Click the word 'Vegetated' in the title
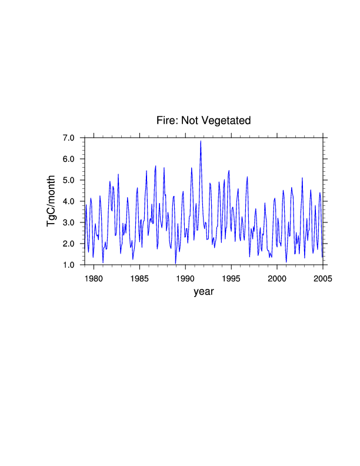click(226, 121)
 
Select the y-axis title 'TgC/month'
click(52, 201)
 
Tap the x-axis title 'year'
click(204, 291)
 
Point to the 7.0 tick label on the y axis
click(69, 138)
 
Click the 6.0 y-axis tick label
click(69, 159)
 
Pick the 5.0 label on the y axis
click(69, 180)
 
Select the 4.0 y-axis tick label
click(69, 201)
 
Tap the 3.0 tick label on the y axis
click(69, 222)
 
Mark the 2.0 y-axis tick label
click(69, 244)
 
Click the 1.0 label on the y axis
click(69, 265)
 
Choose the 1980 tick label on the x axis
click(94, 278)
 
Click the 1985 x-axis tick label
click(139, 278)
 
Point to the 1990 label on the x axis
click(185, 278)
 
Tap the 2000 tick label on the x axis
click(277, 278)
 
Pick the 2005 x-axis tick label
click(322, 278)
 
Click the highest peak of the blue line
click(201, 141)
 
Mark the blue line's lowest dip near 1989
click(175, 263)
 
